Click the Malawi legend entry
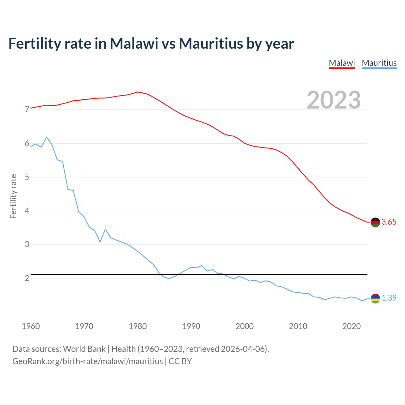coord(342,63)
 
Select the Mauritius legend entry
coord(379,63)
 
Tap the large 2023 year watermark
coord(334,100)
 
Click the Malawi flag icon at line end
coord(375,222)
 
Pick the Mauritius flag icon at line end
coord(375,298)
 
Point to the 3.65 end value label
coord(389,222)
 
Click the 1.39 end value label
coord(389,298)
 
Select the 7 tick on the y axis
coord(27,110)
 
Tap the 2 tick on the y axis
coord(27,278)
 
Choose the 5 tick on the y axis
coord(27,177)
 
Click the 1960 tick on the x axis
coord(31,326)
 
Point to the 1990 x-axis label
coord(191,326)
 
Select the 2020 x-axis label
coord(352,326)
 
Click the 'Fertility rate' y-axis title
coord(13,196)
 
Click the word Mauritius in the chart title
coord(211,44)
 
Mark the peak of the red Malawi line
coord(137,92)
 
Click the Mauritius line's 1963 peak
coord(47,137)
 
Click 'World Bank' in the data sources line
coord(84,349)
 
